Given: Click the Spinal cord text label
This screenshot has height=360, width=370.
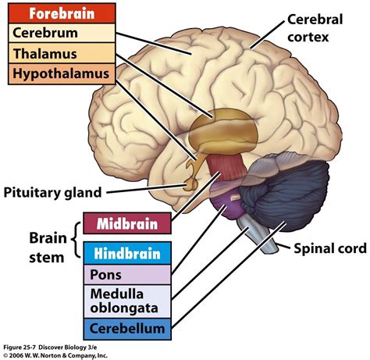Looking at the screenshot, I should [x=328, y=249].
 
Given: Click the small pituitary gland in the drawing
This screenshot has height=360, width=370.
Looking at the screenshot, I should [x=190, y=183].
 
